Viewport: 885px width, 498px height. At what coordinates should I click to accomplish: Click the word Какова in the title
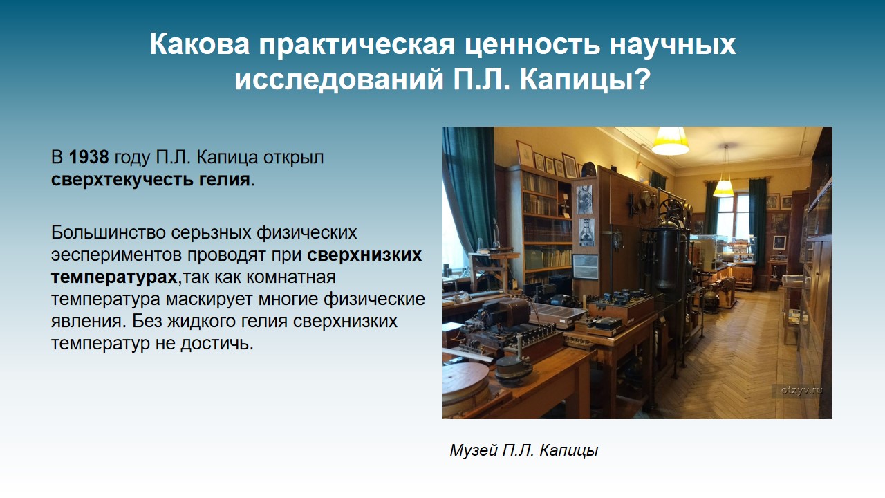200,44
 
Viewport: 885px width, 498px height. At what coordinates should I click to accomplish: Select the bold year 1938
89,157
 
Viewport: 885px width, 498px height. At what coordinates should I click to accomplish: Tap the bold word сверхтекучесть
122,180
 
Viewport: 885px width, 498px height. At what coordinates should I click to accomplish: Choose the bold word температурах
115,277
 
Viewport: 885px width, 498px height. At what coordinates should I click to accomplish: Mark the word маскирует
209,299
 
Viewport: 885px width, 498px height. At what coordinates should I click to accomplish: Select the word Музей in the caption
474,450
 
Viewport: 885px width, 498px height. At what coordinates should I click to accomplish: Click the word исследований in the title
339,79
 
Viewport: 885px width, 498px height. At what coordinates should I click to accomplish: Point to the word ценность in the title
532,44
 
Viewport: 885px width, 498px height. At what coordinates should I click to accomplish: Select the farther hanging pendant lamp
724,187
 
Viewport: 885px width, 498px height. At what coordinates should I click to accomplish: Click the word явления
88,322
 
